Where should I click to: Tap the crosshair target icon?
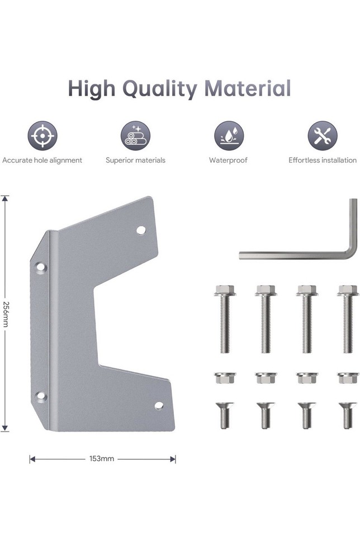[42, 135]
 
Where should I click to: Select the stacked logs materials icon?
[135, 135]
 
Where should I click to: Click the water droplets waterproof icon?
[229, 135]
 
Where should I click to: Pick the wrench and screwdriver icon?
[323, 135]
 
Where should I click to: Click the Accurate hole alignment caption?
[42, 160]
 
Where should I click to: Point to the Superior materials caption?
[135, 160]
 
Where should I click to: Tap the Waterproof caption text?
[228, 160]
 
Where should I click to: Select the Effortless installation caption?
[323, 160]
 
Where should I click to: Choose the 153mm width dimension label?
[102, 459]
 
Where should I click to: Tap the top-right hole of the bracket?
[141, 230]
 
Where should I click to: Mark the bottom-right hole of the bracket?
[159, 405]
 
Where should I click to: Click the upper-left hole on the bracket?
[41, 267]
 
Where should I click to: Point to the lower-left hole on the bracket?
[41, 396]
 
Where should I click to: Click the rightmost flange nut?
[348, 378]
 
